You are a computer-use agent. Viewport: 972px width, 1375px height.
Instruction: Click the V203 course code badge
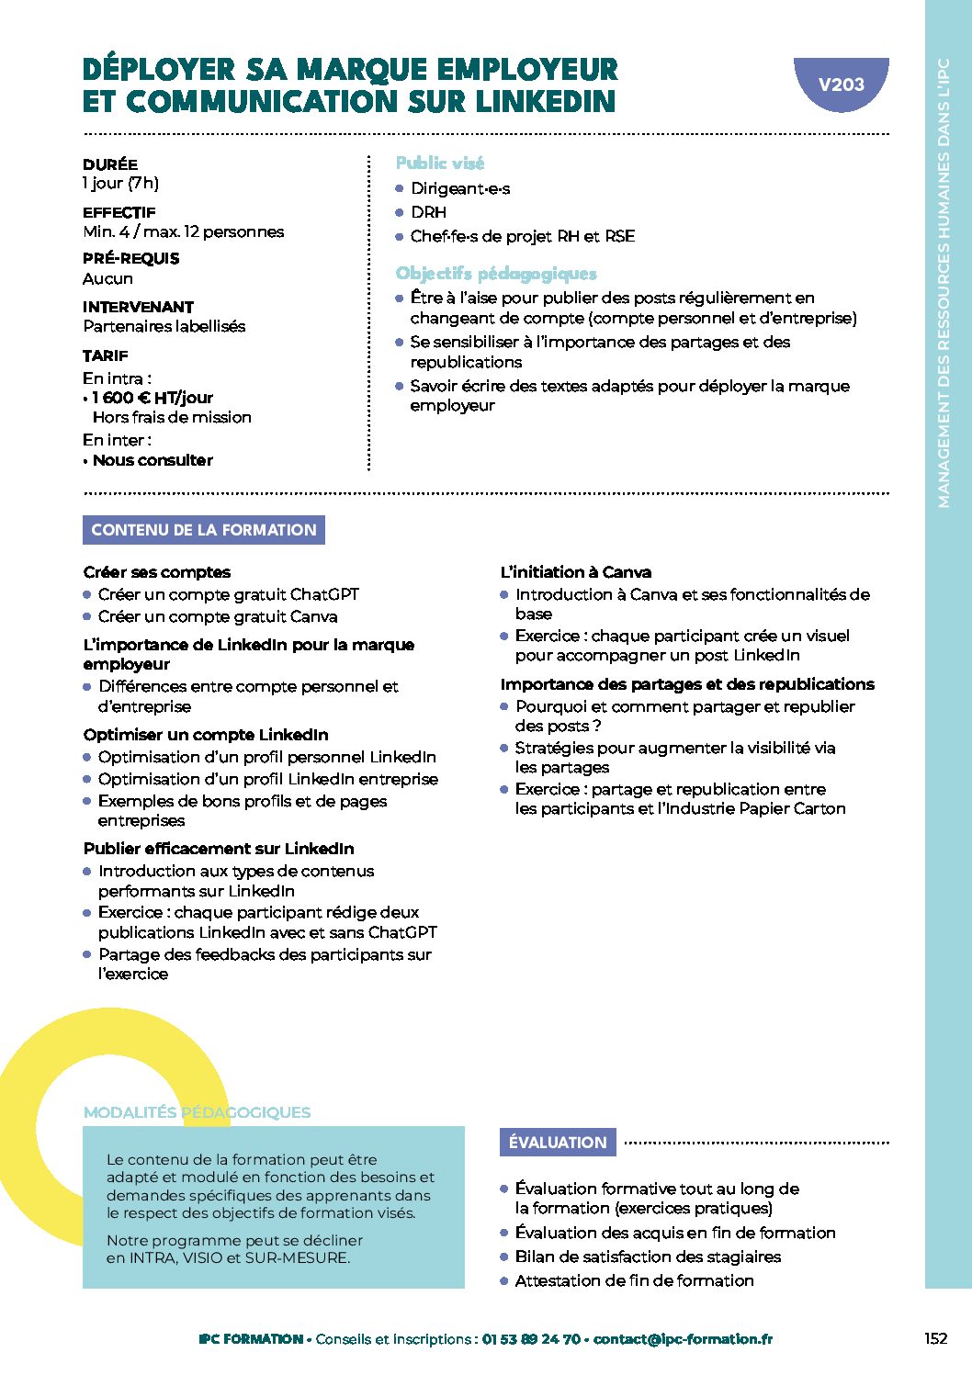[841, 85]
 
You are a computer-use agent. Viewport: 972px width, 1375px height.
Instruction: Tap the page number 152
[935, 1338]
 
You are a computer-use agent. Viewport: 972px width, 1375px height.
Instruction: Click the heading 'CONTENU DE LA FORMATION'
[203, 530]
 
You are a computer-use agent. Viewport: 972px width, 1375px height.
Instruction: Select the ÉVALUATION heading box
[558, 1143]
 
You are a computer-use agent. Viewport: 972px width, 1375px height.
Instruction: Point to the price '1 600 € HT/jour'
[153, 398]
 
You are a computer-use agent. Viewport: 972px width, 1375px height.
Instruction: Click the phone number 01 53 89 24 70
[531, 1339]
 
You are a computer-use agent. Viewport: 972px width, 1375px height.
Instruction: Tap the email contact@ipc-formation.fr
[683, 1339]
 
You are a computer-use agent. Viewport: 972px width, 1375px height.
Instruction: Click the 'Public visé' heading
[439, 163]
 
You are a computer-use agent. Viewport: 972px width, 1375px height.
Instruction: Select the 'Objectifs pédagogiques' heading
[496, 274]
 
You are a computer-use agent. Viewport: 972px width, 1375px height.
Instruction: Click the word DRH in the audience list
[428, 212]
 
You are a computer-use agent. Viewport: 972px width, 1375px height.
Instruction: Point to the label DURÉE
[110, 164]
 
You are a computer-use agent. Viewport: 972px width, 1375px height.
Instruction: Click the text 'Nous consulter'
[153, 460]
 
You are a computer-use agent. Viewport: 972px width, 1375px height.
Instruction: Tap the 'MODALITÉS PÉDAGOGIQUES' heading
[197, 1112]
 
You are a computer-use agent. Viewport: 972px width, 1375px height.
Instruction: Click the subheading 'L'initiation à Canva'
[575, 572]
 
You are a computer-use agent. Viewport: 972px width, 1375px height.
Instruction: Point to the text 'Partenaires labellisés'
[164, 326]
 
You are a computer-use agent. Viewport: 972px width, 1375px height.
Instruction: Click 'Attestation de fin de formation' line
[634, 1280]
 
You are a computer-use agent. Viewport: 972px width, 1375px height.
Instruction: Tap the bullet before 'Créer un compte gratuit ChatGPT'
[87, 594]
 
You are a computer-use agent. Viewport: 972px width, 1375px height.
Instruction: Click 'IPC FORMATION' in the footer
[251, 1339]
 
